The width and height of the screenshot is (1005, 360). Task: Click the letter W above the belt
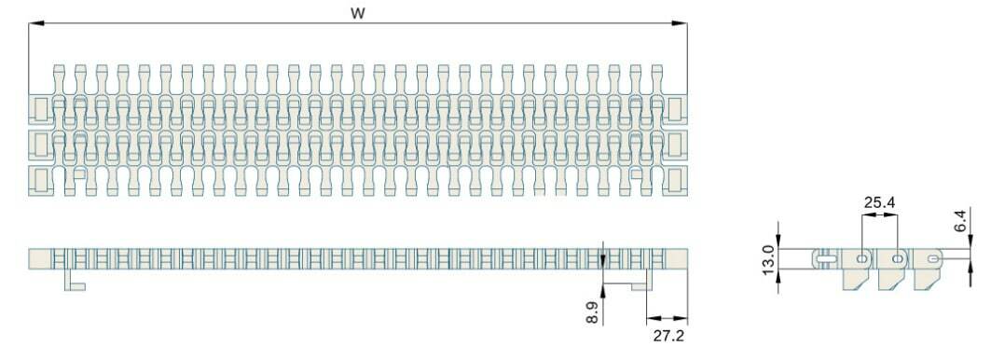[x=358, y=13]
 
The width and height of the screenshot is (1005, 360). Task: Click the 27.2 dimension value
[x=668, y=335]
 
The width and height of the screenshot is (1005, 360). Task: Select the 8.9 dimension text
[x=592, y=312]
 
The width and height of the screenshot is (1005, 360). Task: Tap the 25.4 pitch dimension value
[x=879, y=202]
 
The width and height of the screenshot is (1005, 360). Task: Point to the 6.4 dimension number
[x=959, y=220]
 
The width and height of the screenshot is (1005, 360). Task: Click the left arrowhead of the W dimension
[x=35, y=23]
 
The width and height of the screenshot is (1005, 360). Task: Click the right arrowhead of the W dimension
[x=680, y=23]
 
